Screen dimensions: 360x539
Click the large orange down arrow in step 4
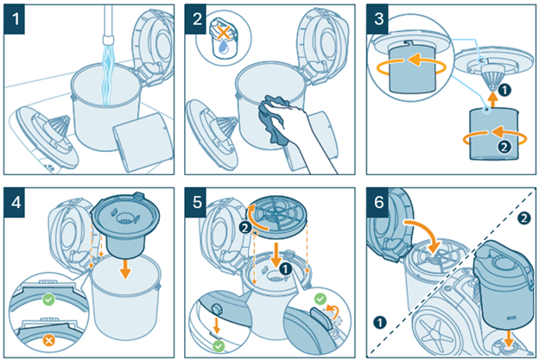coord(125,267)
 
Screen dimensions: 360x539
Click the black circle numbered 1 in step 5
coord(285,268)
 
